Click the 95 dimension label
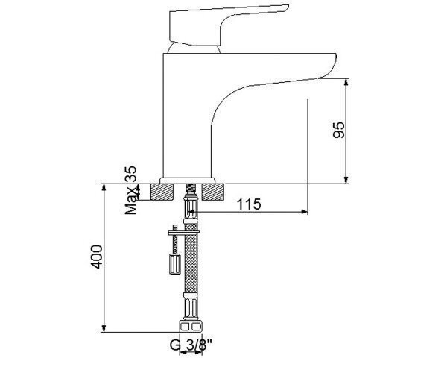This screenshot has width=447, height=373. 339,130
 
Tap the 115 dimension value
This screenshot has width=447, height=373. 249,204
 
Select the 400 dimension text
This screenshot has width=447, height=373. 96,257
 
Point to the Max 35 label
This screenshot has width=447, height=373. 131,190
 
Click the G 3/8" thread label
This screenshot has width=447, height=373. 191,345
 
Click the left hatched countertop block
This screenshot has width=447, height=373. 162,192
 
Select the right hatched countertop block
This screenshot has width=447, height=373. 212,192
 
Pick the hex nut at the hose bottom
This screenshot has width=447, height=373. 191,326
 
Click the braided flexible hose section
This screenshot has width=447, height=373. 191,258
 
